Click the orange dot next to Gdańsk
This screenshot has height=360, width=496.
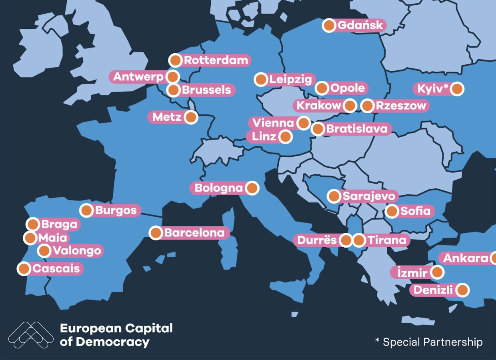click(x=329, y=26)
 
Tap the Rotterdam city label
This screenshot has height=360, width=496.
click(x=216, y=60)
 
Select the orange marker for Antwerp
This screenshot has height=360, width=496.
click(x=172, y=76)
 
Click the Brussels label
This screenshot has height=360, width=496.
click(x=206, y=90)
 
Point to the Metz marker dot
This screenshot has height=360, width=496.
click(x=191, y=117)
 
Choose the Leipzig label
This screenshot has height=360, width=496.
click(x=290, y=80)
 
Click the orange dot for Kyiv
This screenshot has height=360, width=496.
click(x=457, y=89)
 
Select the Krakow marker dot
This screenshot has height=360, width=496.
click(x=350, y=106)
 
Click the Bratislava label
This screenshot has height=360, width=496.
click(x=356, y=129)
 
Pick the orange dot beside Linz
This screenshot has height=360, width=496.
click(x=285, y=137)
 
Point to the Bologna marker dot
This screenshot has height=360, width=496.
click(x=252, y=188)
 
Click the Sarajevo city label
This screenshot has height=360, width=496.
click(x=368, y=196)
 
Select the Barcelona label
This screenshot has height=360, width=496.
click(x=194, y=233)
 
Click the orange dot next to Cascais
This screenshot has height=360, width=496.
click(x=24, y=268)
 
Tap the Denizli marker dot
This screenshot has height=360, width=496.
click(x=462, y=290)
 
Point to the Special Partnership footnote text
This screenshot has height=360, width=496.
click(x=429, y=342)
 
